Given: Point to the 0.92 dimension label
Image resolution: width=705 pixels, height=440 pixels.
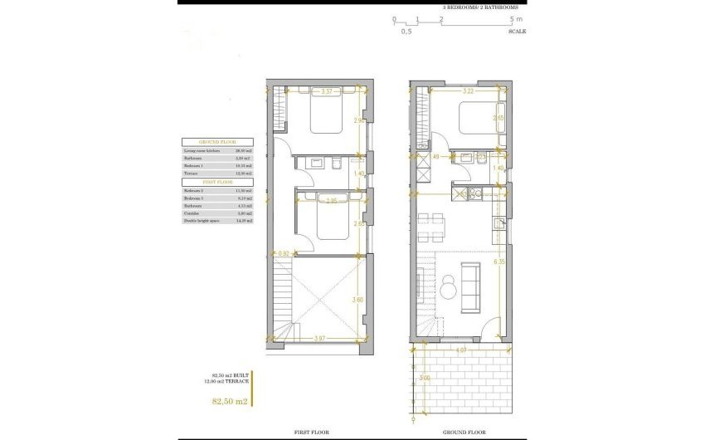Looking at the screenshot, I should coord(284,253).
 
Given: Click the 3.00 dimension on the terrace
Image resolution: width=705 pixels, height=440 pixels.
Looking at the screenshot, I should coord(425,378).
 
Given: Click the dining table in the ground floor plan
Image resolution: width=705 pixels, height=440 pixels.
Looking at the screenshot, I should coord(432,223).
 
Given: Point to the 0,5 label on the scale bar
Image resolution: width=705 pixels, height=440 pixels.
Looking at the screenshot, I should coord(406,31).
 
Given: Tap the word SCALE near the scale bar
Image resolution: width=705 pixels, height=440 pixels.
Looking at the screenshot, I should coord(517,31).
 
